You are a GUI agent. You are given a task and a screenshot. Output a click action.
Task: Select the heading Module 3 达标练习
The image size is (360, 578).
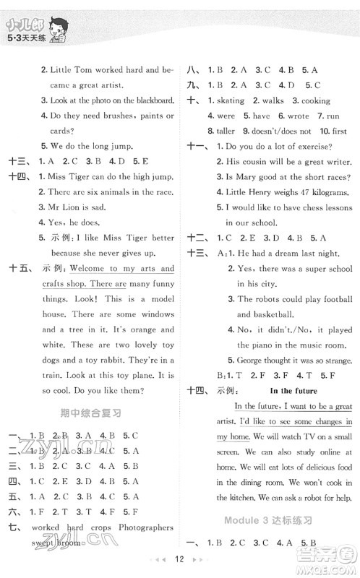tap(271, 520)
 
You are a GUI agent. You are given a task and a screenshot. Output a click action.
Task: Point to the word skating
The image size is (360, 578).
tap(231, 101)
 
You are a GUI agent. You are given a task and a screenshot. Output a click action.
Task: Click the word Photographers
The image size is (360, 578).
tap(142, 527)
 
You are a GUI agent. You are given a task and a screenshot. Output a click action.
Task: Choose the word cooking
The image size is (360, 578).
tap(315, 101)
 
